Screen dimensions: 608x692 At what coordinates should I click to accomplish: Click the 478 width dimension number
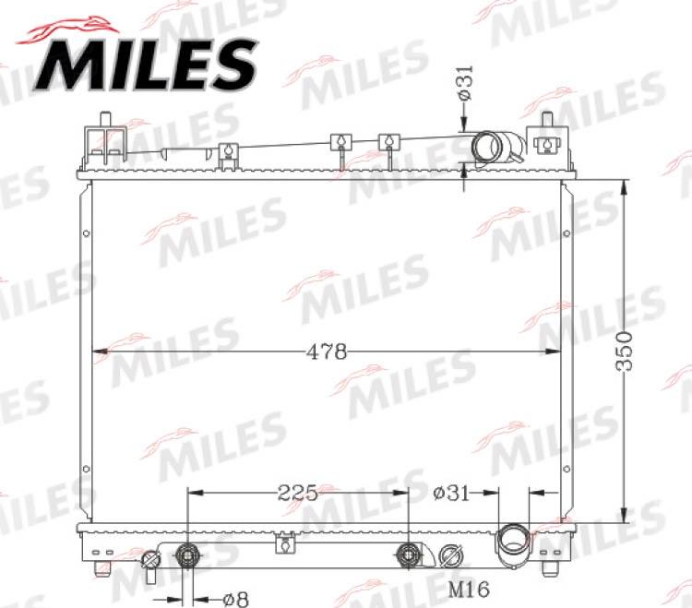(328, 352)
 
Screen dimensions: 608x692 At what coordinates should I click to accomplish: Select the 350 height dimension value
(626, 351)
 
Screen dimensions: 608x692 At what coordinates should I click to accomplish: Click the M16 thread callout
(468, 589)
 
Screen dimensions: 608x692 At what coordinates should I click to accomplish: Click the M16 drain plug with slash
(450, 556)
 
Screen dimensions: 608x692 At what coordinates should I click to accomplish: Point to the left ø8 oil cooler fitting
(188, 555)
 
